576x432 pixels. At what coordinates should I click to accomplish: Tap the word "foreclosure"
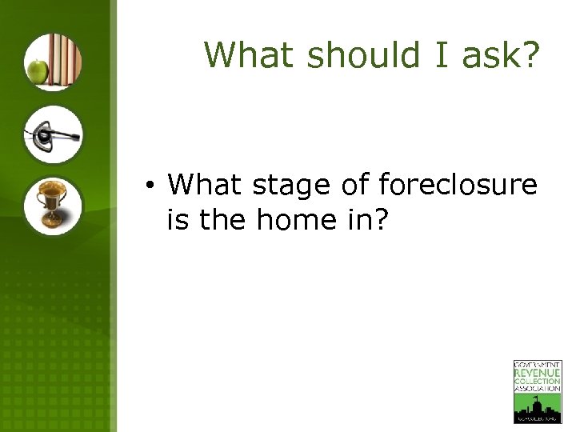tap(458, 186)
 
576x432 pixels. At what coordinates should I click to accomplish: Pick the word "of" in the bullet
tap(356, 186)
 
